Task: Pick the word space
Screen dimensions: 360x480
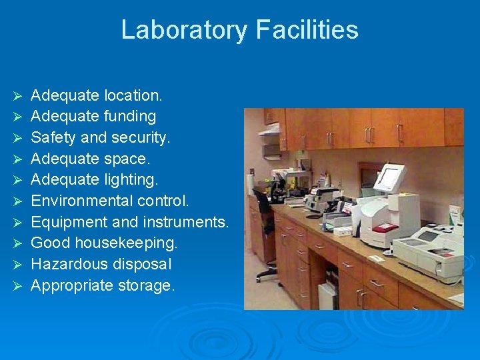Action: (128, 159)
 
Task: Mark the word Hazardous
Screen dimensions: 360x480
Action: (67, 264)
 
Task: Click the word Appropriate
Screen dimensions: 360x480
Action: (71, 286)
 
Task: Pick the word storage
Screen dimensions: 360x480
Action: (145, 286)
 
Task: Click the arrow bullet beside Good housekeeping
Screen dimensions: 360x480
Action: (19, 243)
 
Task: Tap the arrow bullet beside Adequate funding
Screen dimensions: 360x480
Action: (19, 117)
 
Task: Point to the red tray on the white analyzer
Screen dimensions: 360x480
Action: (385, 227)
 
